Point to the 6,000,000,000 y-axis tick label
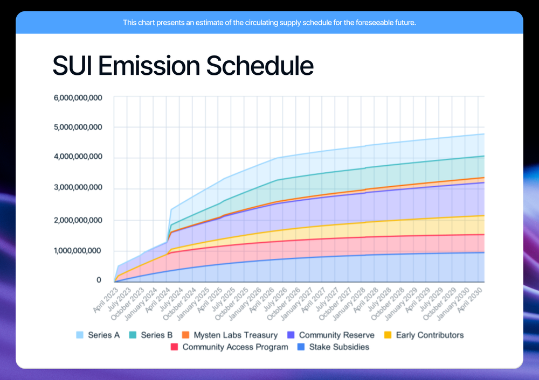[78, 98]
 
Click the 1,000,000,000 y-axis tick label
[78, 251]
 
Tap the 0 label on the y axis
[99, 280]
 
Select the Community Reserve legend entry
[336, 335]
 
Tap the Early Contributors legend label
[430, 335]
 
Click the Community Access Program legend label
[235, 347]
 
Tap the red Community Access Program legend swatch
[174, 347]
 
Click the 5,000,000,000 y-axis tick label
[78, 128]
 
